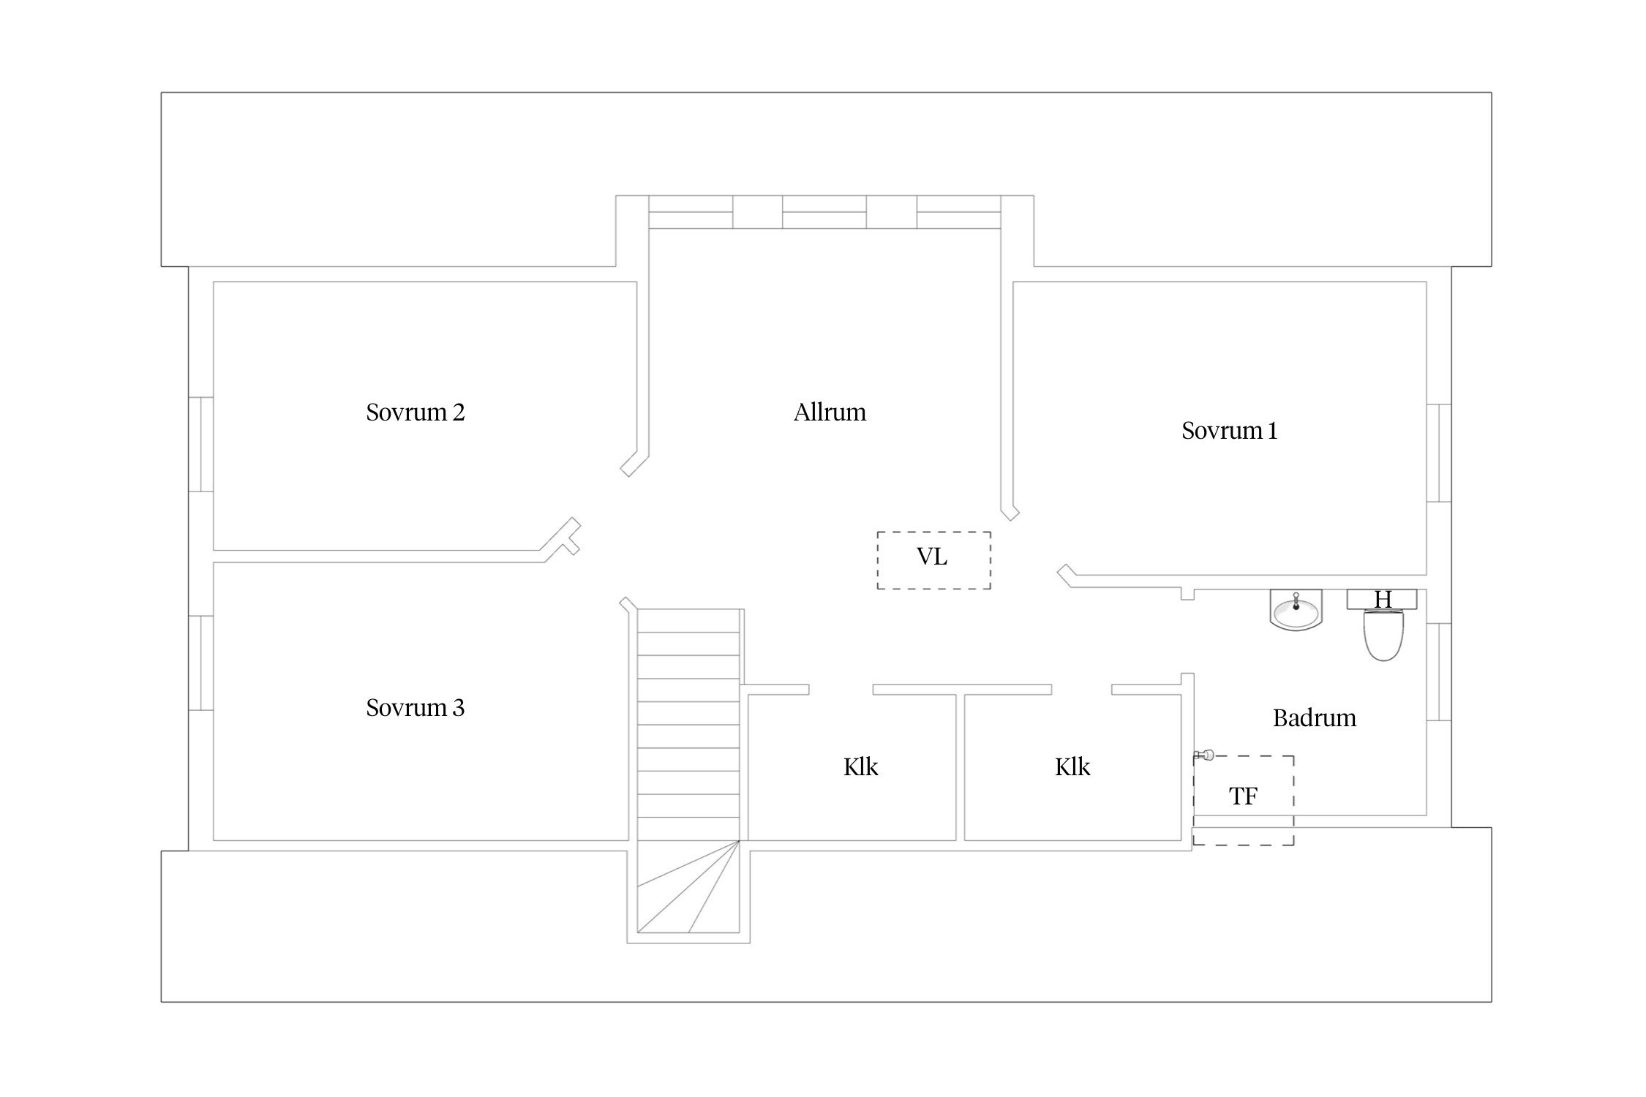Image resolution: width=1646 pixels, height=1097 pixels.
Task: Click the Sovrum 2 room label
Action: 415,412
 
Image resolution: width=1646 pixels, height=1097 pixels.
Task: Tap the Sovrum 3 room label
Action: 415,708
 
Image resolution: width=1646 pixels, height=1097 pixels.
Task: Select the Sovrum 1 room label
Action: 1229,431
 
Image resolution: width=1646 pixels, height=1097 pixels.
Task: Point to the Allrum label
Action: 830,412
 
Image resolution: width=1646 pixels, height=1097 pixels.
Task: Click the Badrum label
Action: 1314,718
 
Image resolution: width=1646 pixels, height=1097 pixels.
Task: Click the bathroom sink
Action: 1296,610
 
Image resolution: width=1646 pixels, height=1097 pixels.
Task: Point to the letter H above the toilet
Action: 1383,600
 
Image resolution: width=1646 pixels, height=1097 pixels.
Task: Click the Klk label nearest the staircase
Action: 860,767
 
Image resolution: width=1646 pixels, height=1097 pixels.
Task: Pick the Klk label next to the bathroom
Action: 1072,767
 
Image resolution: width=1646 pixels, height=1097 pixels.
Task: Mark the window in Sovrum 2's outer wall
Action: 201,445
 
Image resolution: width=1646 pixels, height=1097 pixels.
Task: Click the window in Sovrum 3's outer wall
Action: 201,663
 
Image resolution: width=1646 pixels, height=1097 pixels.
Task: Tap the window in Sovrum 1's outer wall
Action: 1439,453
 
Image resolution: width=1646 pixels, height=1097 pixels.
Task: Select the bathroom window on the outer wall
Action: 1439,671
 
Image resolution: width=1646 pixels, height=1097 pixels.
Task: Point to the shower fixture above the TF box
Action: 1203,755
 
